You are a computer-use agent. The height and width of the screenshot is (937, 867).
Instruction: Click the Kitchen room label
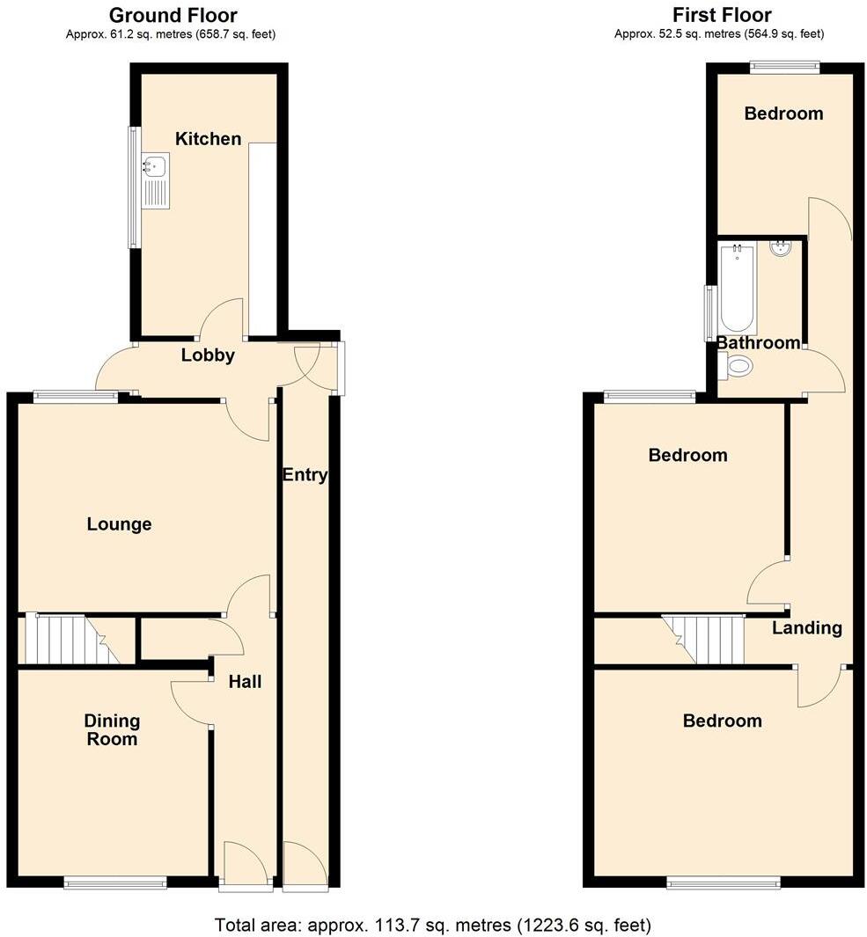point(208,139)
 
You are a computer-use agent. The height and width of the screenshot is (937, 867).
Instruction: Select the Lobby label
point(208,355)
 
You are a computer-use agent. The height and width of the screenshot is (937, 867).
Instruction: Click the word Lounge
point(119,524)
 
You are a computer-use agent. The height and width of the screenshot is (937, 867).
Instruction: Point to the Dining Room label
point(112,730)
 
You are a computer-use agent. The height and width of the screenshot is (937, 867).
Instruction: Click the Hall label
point(245,681)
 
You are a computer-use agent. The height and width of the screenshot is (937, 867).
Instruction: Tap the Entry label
point(305,475)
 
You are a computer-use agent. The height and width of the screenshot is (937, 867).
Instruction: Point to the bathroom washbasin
point(781,248)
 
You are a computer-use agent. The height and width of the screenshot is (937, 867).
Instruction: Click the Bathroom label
point(758,343)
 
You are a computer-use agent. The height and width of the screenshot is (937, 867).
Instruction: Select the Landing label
point(807,628)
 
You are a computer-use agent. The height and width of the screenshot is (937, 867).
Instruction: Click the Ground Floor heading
point(173,15)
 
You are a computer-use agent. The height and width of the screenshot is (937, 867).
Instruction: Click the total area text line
point(433,925)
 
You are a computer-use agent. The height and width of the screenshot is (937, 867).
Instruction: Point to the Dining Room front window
point(115,881)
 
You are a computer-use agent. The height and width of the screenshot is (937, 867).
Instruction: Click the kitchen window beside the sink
point(134,187)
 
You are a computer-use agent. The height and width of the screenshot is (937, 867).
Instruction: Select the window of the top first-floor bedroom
point(784,66)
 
